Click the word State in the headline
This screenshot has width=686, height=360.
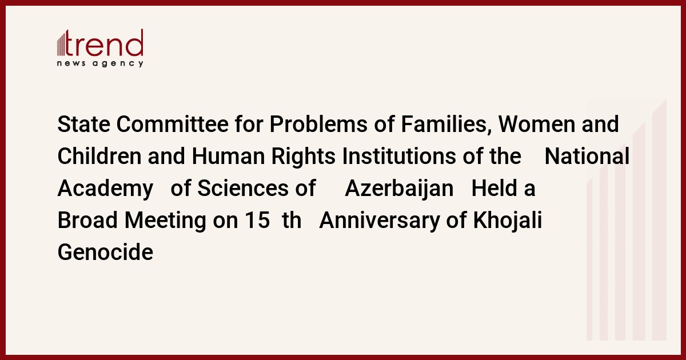click(84, 125)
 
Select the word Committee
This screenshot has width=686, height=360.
click(173, 125)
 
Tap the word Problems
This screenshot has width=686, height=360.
click(318, 125)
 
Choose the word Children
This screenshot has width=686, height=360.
click(99, 156)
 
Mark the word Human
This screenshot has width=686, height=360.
click(228, 156)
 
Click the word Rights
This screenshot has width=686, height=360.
click(304, 157)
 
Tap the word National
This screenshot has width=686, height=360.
click(587, 156)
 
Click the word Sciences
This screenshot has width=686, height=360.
click(243, 188)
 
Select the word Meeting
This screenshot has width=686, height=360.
click(165, 221)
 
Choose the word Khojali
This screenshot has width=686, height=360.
click(508, 221)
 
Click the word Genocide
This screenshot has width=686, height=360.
click(105, 252)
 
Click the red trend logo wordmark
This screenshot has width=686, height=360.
click(100, 43)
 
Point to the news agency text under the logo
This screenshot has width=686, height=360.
click(100, 63)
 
